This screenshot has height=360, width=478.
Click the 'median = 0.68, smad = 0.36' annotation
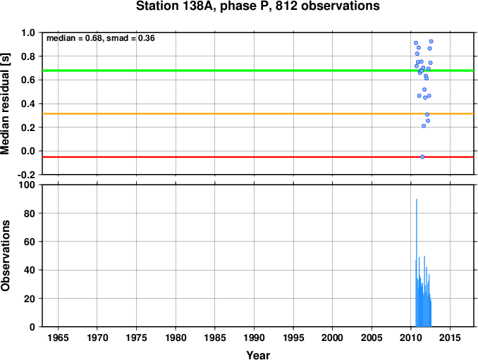point(101,38)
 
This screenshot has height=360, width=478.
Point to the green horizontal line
point(258,70)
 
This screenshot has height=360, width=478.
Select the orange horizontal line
point(258,114)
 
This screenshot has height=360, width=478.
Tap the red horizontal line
point(258,157)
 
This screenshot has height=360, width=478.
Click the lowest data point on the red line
point(422,157)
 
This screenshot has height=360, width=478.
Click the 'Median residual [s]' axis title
point(5,104)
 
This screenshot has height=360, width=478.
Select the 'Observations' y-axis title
point(5,256)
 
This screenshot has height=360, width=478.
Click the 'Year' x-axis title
point(258,355)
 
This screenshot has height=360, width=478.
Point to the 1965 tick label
point(58,337)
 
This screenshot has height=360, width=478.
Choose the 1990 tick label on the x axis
point(254,337)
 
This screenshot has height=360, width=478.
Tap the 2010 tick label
point(410,337)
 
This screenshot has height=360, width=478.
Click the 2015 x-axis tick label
point(450,337)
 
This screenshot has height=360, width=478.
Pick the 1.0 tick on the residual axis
point(28,32)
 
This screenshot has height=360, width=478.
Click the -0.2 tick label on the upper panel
point(26,175)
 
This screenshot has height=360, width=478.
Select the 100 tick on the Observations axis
point(27,185)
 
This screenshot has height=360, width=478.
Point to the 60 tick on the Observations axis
point(30,242)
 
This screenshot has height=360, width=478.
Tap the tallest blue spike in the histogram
point(417,262)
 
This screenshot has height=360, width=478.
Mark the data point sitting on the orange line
point(427,115)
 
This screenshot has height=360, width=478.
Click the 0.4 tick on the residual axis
point(28,104)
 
